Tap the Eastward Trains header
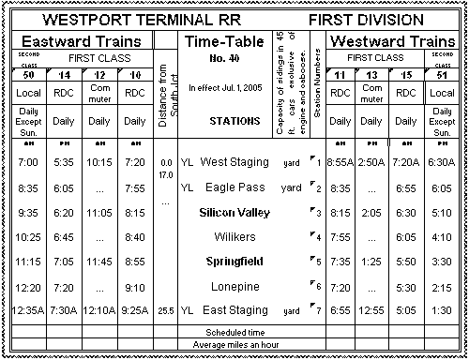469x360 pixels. tap(82, 41)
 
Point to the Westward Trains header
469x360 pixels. tap(393, 41)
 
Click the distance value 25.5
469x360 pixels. tap(166, 309)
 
